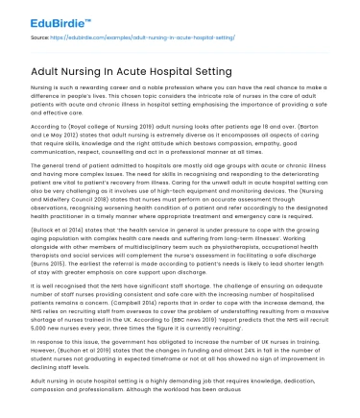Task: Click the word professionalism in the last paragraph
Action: pyautogui.click(x=103, y=412)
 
